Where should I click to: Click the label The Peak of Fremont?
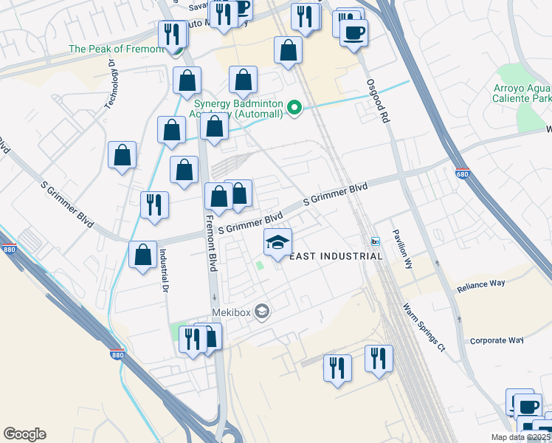tap(115, 49)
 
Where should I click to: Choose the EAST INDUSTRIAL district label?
tap(336, 256)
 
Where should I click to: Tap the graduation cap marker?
tap(278, 242)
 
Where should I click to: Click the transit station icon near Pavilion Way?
tap(375, 242)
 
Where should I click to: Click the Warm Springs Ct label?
tap(425, 327)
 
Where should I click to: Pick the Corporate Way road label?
tap(497, 340)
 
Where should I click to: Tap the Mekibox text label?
tap(232, 312)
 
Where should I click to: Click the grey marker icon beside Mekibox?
tap(261, 312)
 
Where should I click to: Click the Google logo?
tap(24, 434)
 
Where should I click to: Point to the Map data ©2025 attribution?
tap(520, 437)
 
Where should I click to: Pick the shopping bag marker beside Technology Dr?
tap(123, 155)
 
